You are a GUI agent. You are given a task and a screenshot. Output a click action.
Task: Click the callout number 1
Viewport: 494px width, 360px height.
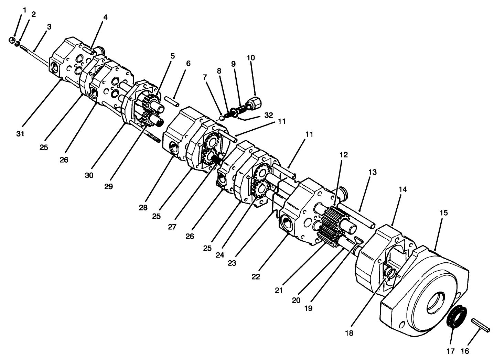[24, 10]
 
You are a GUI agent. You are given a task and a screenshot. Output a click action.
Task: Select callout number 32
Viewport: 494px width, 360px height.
[269, 115]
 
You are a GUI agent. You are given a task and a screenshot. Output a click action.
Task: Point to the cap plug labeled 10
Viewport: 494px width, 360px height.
[254, 102]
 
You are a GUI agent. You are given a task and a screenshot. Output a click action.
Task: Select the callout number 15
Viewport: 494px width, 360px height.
[444, 213]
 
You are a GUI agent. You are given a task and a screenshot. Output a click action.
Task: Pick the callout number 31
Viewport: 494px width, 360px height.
[20, 134]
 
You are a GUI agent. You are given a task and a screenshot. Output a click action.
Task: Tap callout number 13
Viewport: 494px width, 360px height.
[373, 172]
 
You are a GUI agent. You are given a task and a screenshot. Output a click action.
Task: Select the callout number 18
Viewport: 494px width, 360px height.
[349, 333]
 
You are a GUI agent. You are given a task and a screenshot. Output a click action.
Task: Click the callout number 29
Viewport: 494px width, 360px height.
[108, 186]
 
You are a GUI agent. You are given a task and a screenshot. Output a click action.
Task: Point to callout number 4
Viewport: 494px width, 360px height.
[105, 18]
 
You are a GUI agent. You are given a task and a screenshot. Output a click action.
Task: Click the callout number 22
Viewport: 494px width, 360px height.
[256, 276]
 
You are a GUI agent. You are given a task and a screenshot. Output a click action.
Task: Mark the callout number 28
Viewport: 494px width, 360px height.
[143, 207]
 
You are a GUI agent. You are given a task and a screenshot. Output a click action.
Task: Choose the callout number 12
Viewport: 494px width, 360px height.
[344, 154]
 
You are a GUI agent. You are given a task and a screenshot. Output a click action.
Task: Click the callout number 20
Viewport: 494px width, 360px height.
[296, 301]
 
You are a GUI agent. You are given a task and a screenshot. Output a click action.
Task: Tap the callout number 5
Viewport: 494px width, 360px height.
[173, 56]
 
